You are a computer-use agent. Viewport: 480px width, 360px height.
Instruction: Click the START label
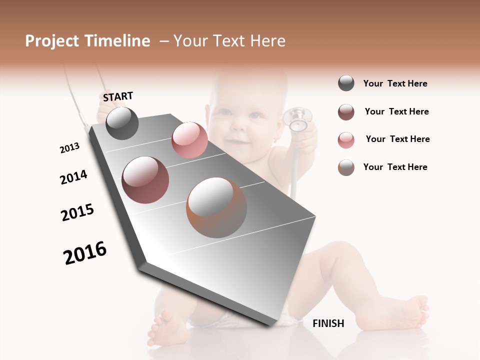(x=118, y=96)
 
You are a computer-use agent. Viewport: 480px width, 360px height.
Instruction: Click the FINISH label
(x=328, y=323)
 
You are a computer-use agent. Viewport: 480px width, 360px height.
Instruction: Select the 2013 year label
(x=69, y=147)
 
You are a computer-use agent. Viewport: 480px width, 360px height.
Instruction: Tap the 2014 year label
(x=73, y=177)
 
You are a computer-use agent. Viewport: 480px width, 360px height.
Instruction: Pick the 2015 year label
(x=77, y=212)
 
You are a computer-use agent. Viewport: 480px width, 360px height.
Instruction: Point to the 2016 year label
(x=85, y=253)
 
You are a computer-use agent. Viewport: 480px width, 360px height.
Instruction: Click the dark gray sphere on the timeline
(x=122, y=123)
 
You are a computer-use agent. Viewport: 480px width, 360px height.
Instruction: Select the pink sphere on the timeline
(x=189, y=140)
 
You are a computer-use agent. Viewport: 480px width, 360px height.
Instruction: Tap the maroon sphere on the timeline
(x=145, y=180)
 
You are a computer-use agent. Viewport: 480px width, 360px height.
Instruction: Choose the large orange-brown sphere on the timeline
(x=216, y=207)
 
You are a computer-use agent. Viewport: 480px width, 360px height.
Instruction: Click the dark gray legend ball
(x=346, y=83)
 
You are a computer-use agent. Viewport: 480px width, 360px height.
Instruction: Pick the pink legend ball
(x=346, y=140)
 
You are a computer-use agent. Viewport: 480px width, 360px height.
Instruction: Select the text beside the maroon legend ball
(x=396, y=111)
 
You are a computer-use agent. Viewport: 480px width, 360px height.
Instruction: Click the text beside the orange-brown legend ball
(x=395, y=167)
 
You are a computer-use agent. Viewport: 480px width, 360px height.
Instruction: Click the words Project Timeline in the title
(x=87, y=41)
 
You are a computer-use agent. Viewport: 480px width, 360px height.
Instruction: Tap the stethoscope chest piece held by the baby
(x=298, y=118)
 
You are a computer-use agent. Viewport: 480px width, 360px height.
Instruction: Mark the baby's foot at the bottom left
(x=162, y=327)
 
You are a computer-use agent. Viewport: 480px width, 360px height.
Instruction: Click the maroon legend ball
(x=346, y=112)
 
